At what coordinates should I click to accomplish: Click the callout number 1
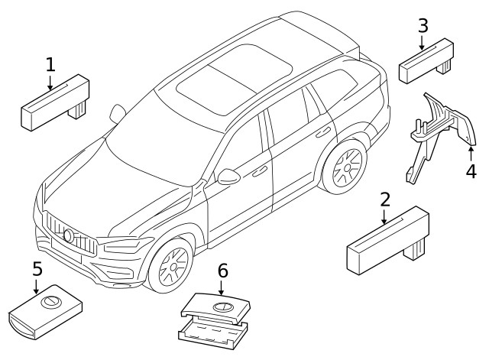point(50,65)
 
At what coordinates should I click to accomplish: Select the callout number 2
point(385,199)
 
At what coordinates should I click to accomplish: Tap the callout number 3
point(422,26)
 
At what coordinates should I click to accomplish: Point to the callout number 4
point(471,170)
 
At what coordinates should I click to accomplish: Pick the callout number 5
point(37,269)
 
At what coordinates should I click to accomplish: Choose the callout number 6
point(222,270)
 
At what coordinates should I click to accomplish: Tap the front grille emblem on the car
point(69,235)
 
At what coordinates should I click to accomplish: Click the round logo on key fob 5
point(50,303)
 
